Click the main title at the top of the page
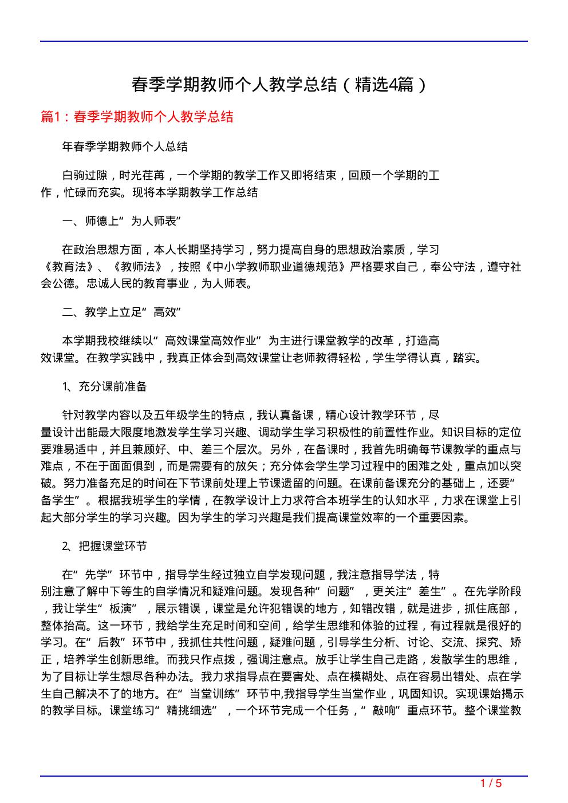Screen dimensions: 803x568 [279, 85]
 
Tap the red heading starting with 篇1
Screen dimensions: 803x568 [137, 117]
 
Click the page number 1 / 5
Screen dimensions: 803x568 [491, 783]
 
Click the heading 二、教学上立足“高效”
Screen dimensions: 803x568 [122, 312]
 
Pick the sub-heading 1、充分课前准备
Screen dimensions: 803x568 [105, 386]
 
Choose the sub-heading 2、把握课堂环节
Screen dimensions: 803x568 [105, 546]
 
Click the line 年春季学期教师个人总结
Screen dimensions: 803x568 [125, 147]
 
